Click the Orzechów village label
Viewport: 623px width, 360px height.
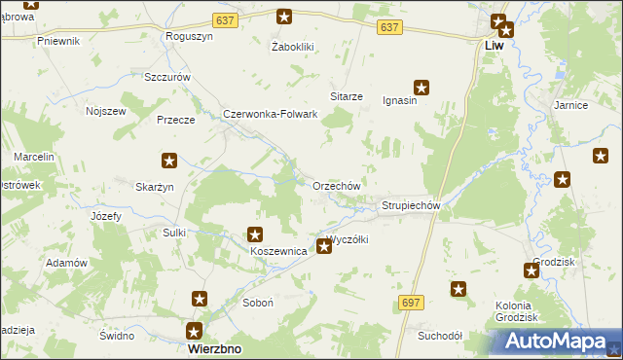[x=337, y=186]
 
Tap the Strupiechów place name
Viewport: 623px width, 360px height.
[x=412, y=206]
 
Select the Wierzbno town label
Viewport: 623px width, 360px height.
[x=214, y=348]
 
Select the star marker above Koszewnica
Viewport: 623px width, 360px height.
[x=255, y=234]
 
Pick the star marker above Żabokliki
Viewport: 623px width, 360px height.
[x=284, y=16]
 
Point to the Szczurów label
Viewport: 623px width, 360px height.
[x=165, y=77]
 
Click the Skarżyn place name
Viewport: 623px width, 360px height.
[x=155, y=187]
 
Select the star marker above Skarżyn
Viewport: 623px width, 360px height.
[x=168, y=161]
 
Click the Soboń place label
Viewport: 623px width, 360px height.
[x=257, y=304]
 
